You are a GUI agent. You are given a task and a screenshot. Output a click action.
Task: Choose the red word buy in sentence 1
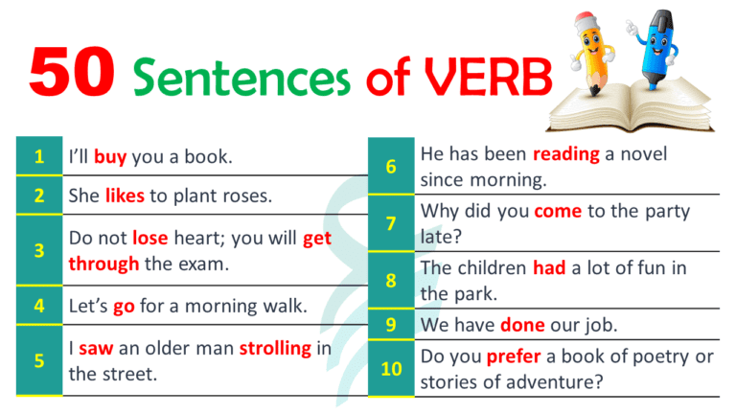point(110,156)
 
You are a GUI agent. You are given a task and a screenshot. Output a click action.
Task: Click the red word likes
point(125,195)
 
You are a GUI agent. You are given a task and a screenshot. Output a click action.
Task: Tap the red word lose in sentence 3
point(150,239)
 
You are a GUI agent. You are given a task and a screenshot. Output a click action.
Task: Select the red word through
point(103,264)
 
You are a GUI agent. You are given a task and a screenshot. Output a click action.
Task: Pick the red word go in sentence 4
point(124,307)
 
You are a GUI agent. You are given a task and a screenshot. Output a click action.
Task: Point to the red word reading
point(566,154)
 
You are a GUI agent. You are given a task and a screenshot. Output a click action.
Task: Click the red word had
point(549,269)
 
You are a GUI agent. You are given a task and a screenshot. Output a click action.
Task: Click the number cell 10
point(391,369)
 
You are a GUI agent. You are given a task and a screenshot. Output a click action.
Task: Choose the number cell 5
point(38,360)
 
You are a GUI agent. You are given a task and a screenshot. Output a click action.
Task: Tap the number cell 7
point(391,223)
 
